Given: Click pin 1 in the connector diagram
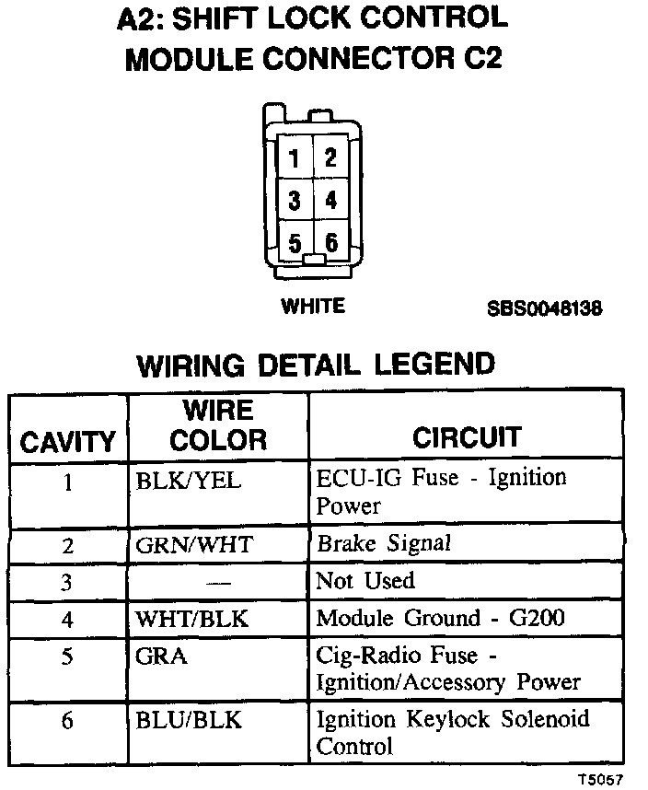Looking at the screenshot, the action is click(295, 158).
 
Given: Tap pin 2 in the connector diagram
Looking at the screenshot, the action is click(330, 158).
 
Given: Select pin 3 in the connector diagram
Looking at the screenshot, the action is click(295, 200).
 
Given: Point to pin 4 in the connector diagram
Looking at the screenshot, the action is click(330, 200).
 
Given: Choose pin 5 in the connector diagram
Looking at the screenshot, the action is click(295, 242).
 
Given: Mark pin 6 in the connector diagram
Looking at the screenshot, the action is click(330, 242).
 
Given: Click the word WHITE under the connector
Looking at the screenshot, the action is click(313, 307).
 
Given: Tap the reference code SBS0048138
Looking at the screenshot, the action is click(545, 309).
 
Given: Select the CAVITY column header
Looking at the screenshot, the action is click(68, 443).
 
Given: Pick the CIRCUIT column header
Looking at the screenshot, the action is click(467, 437).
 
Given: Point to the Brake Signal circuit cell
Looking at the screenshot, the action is click(384, 543).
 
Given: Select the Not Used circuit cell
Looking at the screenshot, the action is click(365, 581).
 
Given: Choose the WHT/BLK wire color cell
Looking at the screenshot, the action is click(191, 620).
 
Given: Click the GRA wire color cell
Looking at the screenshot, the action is click(161, 656).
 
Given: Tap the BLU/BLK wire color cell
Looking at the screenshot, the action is click(189, 720).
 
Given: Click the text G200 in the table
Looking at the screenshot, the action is click(538, 619).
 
